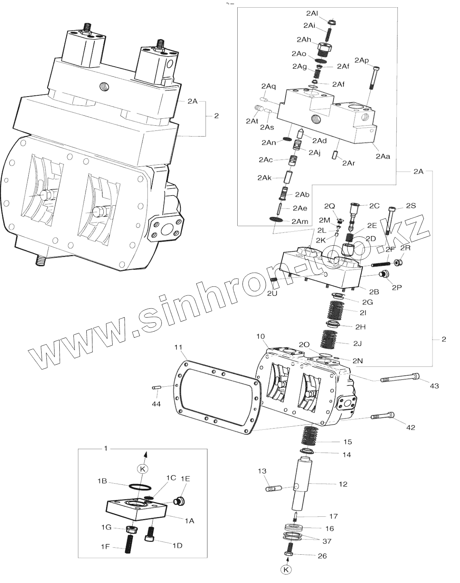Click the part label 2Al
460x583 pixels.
[312, 13]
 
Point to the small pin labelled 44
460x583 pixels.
[157, 388]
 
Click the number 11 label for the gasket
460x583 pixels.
[178, 347]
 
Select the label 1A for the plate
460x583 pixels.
[189, 521]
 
